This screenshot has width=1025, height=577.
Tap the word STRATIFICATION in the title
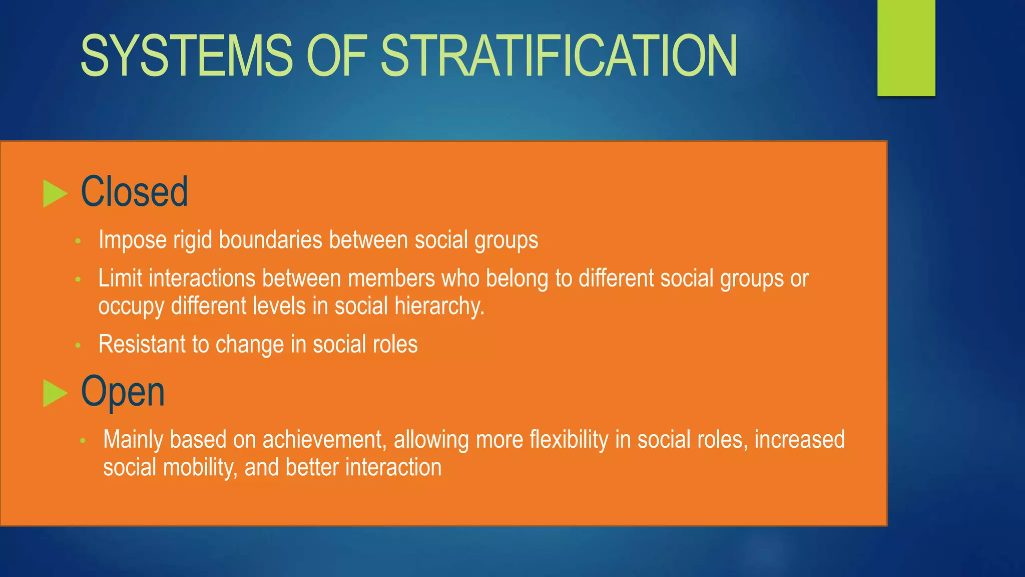click(559, 56)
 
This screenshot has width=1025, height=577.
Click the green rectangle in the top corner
click(906, 48)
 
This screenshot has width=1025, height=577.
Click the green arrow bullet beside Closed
click(55, 193)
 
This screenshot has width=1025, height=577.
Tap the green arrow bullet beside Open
click(55, 393)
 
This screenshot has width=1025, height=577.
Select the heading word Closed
click(134, 192)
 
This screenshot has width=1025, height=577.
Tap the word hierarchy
click(439, 307)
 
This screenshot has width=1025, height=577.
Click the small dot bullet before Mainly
click(83, 441)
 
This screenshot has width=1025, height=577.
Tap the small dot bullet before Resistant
click(78, 345)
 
